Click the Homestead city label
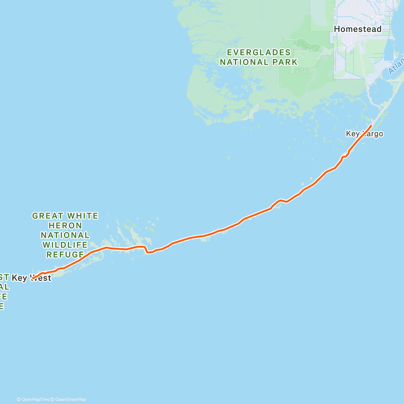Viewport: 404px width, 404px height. pyautogui.click(x=358, y=29)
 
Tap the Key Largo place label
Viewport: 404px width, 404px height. pyautogui.click(x=364, y=134)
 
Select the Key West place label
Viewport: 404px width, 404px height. pyautogui.click(x=31, y=278)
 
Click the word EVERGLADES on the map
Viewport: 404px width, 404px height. pyautogui.click(x=259, y=53)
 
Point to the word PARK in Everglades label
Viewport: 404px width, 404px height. pyautogui.click(x=285, y=62)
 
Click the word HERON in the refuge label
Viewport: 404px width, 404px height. pyautogui.click(x=65, y=226)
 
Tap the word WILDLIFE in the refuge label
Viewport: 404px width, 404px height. pyautogui.click(x=65, y=245)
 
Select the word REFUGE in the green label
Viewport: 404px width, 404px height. pyautogui.click(x=65, y=255)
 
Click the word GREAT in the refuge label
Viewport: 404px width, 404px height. pyautogui.click(x=47, y=216)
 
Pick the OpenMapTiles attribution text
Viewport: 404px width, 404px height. pyautogui.click(x=33, y=400)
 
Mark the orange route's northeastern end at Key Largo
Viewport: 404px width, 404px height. pyautogui.click(x=371, y=126)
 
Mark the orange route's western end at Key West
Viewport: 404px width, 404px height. pyautogui.click(x=32, y=278)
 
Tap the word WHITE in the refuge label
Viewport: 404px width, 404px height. pyautogui.click(x=82, y=216)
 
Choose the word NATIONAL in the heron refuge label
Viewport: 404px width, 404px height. pyautogui.click(x=65, y=235)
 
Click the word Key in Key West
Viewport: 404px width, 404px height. pyautogui.click(x=19, y=278)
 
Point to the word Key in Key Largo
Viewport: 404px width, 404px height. pyautogui.click(x=353, y=134)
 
